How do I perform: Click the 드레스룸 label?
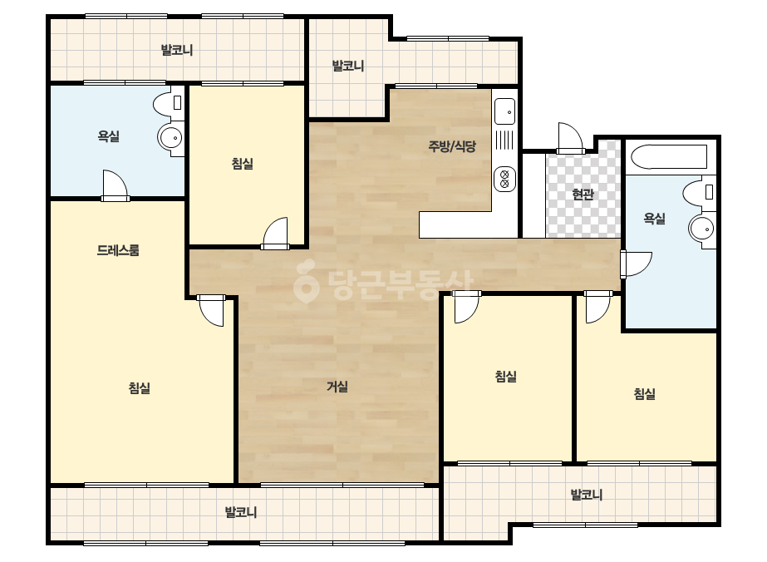(x=118, y=250)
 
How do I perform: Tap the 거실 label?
(x=337, y=387)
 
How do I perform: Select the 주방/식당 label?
(x=452, y=145)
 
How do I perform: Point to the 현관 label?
(x=583, y=195)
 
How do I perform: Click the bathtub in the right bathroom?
(x=669, y=156)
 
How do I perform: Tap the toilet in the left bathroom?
(x=168, y=104)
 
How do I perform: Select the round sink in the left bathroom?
(x=170, y=137)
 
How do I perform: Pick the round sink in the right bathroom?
(x=701, y=228)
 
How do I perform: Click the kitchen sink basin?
(x=504, y=111)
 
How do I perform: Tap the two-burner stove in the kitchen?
(x=504, y=180)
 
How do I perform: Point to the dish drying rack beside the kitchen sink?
(x=504, y=140)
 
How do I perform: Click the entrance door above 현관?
(x=570, y=138)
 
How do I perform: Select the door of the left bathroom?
(x=116, y=186)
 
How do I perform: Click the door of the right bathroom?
(x=636, y=264)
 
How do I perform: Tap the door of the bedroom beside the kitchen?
(x=275, y=234)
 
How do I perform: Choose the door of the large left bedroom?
(x=211, y=310)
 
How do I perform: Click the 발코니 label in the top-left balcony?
(x=177, y=50)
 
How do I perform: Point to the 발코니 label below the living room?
(x=241, y=513)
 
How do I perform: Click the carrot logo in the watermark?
(x=306, y=282)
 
